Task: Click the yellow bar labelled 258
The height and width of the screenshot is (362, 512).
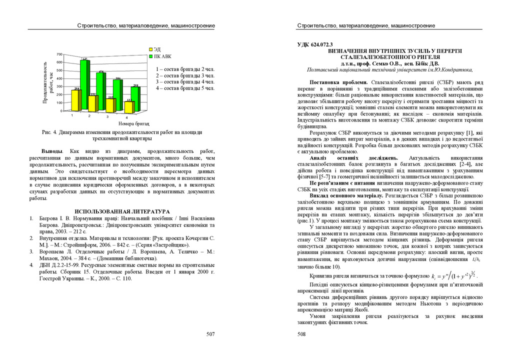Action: tap(76, 100)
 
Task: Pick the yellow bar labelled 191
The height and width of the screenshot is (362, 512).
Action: tap(92, 103)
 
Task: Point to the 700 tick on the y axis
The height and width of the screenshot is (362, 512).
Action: tap(59, 54)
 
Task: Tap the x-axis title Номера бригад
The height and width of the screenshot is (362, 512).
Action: tap(133, 123)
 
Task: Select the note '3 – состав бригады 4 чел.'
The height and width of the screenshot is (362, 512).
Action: tap(185, 81)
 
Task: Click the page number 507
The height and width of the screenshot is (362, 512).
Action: tap(210, 334)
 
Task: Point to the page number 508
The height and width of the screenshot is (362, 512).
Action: tap(301, 334)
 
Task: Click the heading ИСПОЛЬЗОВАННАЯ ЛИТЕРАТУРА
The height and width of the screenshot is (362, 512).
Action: tap(122, 211)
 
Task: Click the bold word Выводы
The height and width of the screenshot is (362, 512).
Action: tap(52, 151)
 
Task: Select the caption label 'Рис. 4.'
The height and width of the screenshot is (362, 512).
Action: tap(50, 132)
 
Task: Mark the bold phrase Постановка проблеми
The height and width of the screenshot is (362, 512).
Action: tap(338, 82)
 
